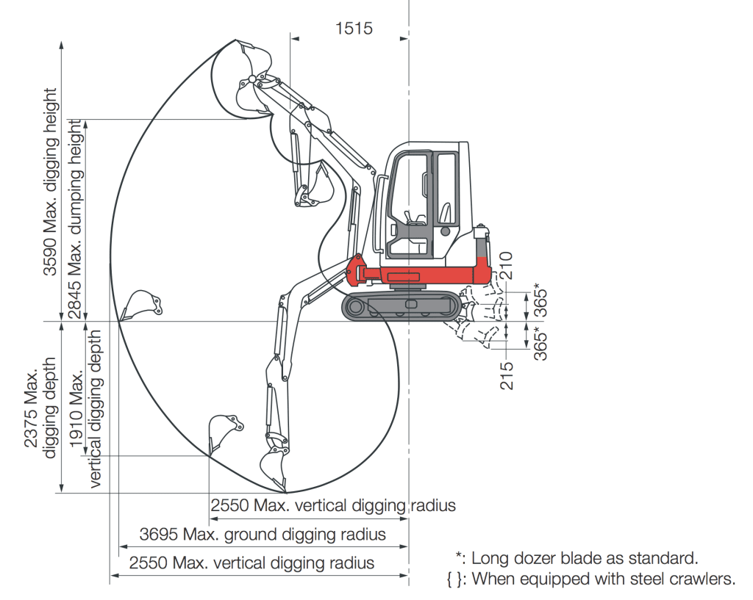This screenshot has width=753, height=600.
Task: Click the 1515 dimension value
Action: point(354,29)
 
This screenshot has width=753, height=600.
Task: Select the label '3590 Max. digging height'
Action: point(50,181)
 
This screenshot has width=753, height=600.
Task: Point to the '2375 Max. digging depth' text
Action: point(40,407)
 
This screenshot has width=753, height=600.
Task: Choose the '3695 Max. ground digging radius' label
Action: point(263,534)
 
